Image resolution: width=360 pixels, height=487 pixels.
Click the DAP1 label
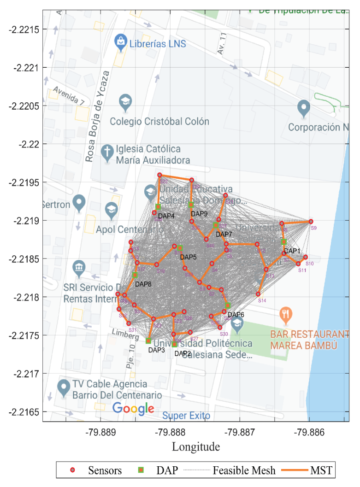click(x=292, y=251)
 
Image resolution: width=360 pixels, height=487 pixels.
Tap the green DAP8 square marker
click(x=135, y=275)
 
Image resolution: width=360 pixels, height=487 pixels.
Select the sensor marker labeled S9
click(x=311, y=222)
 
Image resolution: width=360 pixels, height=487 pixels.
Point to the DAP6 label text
click(x=236, y=315)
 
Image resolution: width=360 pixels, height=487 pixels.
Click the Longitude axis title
click(x=196, y=446)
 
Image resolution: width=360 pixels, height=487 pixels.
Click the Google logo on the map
click(x=133, y=408)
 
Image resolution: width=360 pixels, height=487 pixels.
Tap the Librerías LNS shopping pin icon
click(x=120, y=43)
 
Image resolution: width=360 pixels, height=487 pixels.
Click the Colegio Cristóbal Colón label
click(x=159, y=122)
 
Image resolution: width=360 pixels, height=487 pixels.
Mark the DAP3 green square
click(x=148, y=341)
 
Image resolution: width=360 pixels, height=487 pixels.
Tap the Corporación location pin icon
click(x=303, y=108)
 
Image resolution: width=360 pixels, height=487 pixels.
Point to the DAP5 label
click(x=189, y=257)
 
